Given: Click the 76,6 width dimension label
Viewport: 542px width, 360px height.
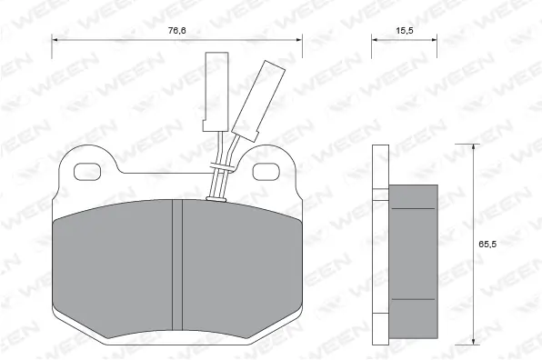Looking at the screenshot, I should (176, 30).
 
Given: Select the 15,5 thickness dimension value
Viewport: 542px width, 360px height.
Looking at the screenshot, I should (405, 30).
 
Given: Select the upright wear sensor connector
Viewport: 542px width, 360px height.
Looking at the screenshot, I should (216, 90).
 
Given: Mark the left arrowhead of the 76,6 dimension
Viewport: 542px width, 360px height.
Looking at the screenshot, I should (55, 40).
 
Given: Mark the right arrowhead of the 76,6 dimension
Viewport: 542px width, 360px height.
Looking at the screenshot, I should (299, 40).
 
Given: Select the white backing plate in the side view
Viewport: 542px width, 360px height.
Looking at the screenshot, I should (381, 244).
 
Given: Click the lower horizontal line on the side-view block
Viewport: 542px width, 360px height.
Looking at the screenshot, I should (414, 299).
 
